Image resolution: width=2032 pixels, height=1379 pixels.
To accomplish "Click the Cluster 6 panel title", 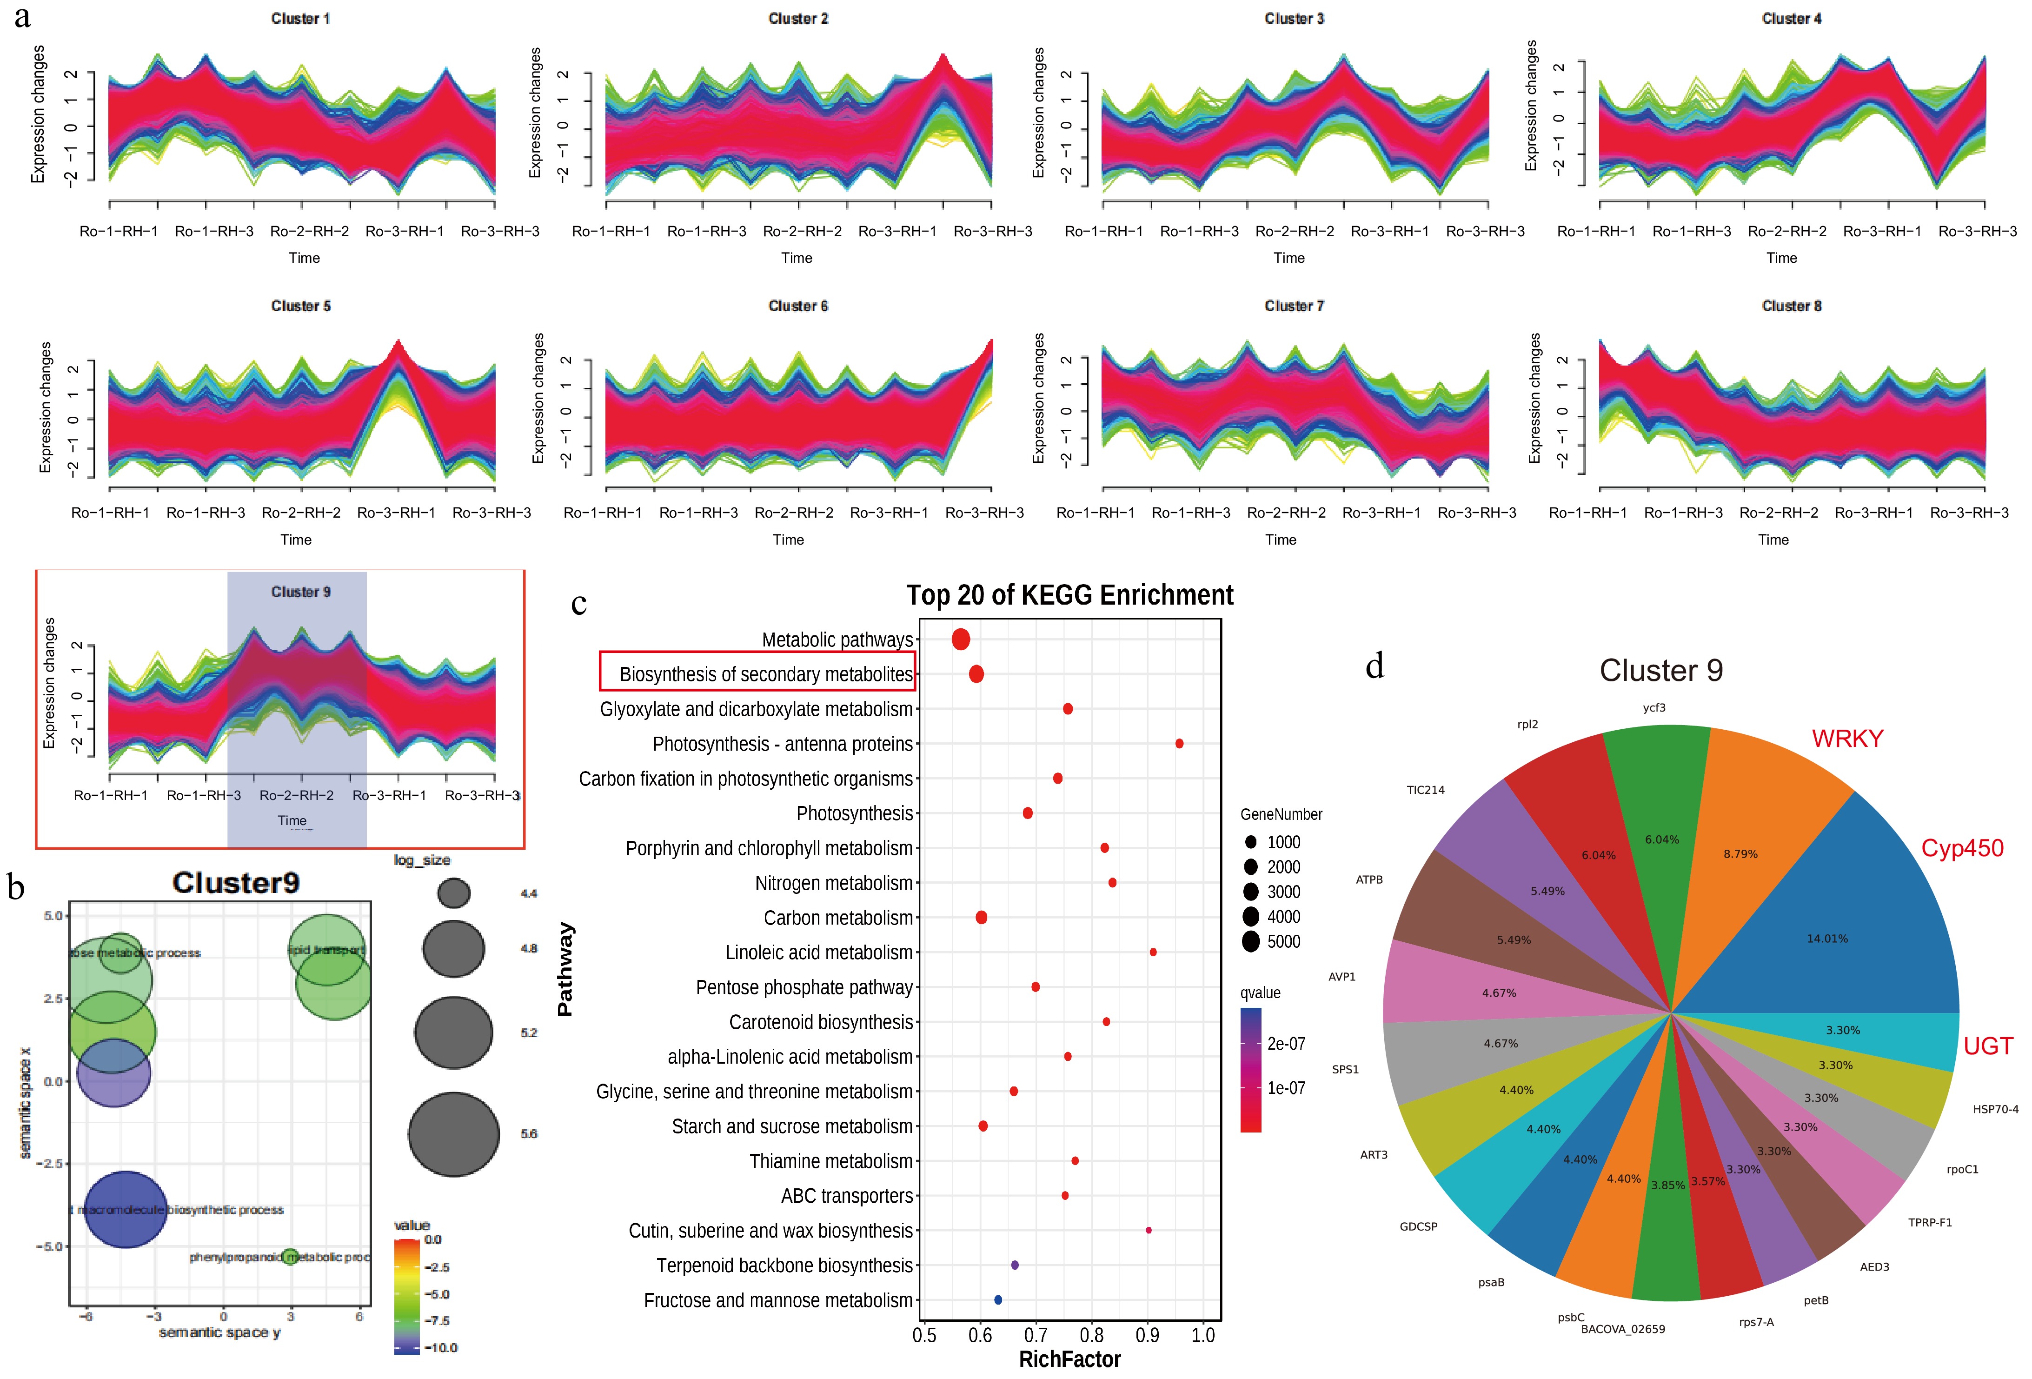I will pos(797,306).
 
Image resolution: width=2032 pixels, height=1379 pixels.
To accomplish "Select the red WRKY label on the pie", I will pos(1846,739).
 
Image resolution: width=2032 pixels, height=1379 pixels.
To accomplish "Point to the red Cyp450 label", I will pos(1961,848).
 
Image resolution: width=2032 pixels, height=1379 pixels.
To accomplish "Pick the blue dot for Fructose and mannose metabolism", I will pos(998,1300).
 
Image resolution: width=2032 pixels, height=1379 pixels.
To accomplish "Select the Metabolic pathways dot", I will pos(960,639).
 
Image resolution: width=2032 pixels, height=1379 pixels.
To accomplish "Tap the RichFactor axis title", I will pos(1069,1359).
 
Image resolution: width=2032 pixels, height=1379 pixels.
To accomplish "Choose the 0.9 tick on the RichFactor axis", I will pos(1147,1335).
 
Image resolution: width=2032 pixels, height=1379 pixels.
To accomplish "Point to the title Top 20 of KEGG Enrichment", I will pos(1069,595).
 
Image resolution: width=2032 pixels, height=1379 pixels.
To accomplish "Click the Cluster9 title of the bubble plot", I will pos(236,882).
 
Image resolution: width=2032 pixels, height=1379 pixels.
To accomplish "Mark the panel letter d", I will pos(1375,666).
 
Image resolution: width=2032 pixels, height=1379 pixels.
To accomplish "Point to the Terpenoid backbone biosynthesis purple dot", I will pos(1014,1266).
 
